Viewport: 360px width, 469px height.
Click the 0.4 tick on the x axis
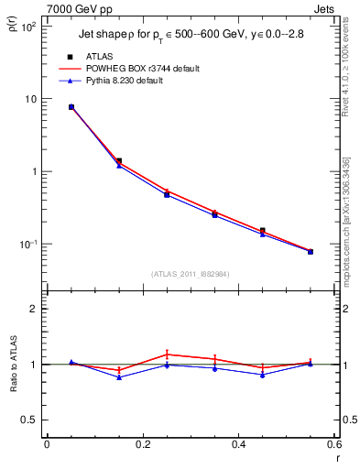tap(238, 445)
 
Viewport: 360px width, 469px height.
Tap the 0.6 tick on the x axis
tap(334, 445)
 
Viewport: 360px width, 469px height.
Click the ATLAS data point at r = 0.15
tap(119, 160)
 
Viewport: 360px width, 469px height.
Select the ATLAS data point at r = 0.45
tap(263, 231)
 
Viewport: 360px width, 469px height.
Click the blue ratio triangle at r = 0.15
tap(119, 377)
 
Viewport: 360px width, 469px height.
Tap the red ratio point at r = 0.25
tap(167, 354)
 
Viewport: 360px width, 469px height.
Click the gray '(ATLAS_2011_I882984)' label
tap(190, 274)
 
